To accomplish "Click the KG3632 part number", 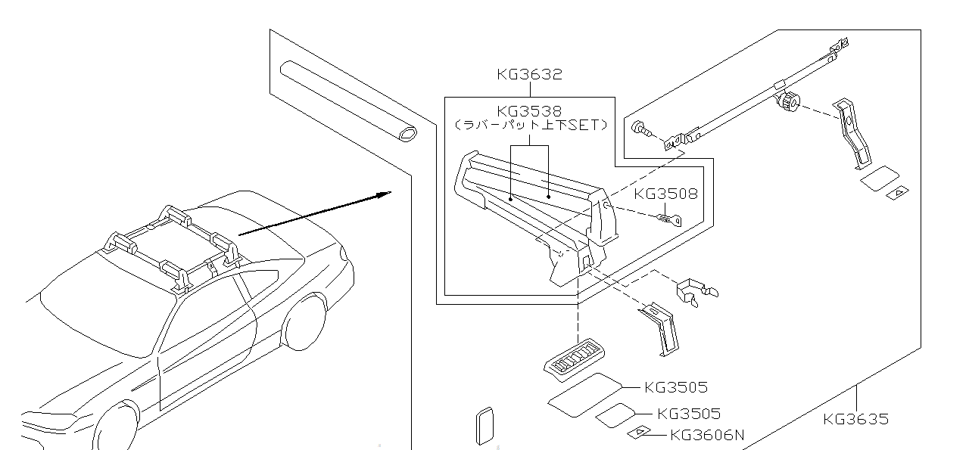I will (x=529, y=74).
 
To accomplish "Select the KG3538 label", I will (x=529, y=111).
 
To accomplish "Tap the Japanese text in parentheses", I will (x=530, y=126).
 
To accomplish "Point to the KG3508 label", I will (x=665, y=194).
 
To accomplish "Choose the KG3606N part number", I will (x=707, y=435).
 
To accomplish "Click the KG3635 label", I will (x=855, y=419).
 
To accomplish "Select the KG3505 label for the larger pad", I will (x=676, y=387).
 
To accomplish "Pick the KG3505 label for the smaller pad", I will (x=689, y=414).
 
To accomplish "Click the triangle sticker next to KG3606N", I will (x=640, y=433).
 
